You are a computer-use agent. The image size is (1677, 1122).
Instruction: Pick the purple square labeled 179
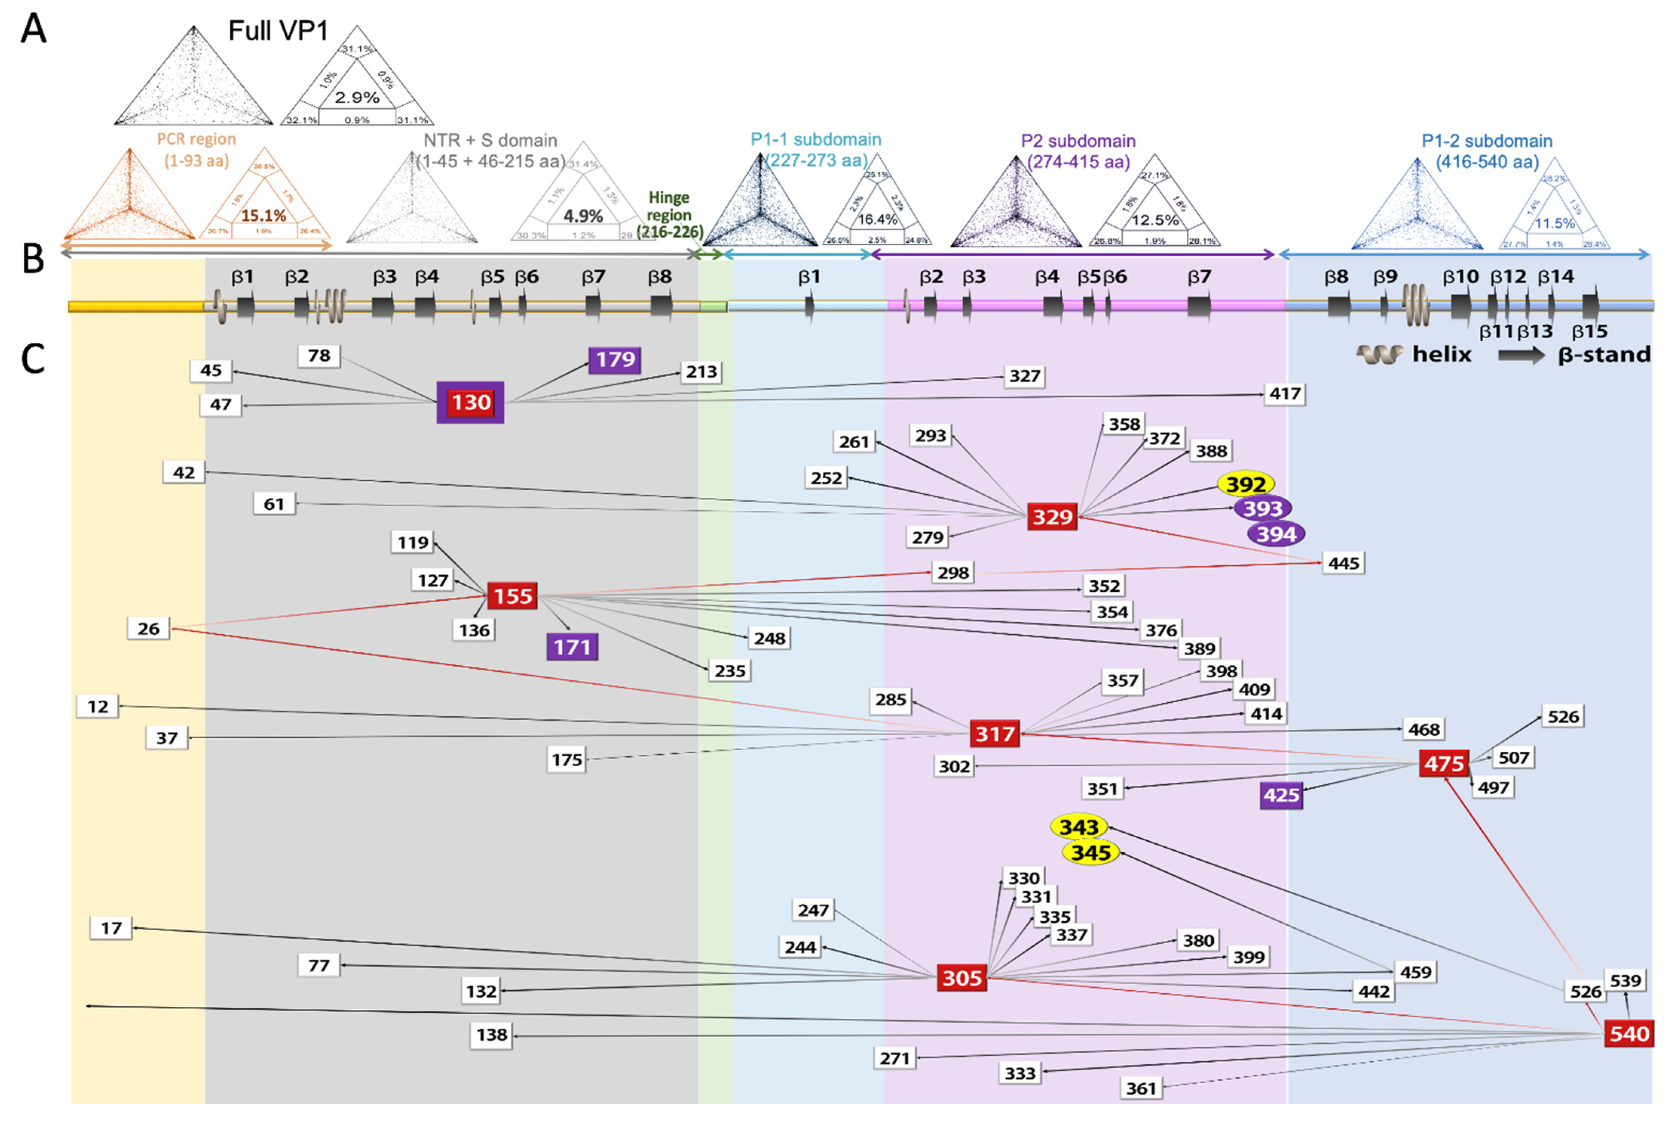coord(614,359)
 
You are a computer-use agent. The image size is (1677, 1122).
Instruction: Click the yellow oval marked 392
coord(1246,484)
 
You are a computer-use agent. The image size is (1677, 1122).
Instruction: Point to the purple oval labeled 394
coord(1276,534)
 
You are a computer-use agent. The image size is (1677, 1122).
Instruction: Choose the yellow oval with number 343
coord(1079,827)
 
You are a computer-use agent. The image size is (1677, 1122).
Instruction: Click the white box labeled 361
coord(1141,1088)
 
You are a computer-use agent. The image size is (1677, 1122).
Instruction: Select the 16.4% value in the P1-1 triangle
coord(877,219)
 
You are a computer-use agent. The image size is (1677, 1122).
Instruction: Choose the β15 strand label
coord(1590,331)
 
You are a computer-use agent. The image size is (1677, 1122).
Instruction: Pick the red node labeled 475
coord(1444,763)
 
